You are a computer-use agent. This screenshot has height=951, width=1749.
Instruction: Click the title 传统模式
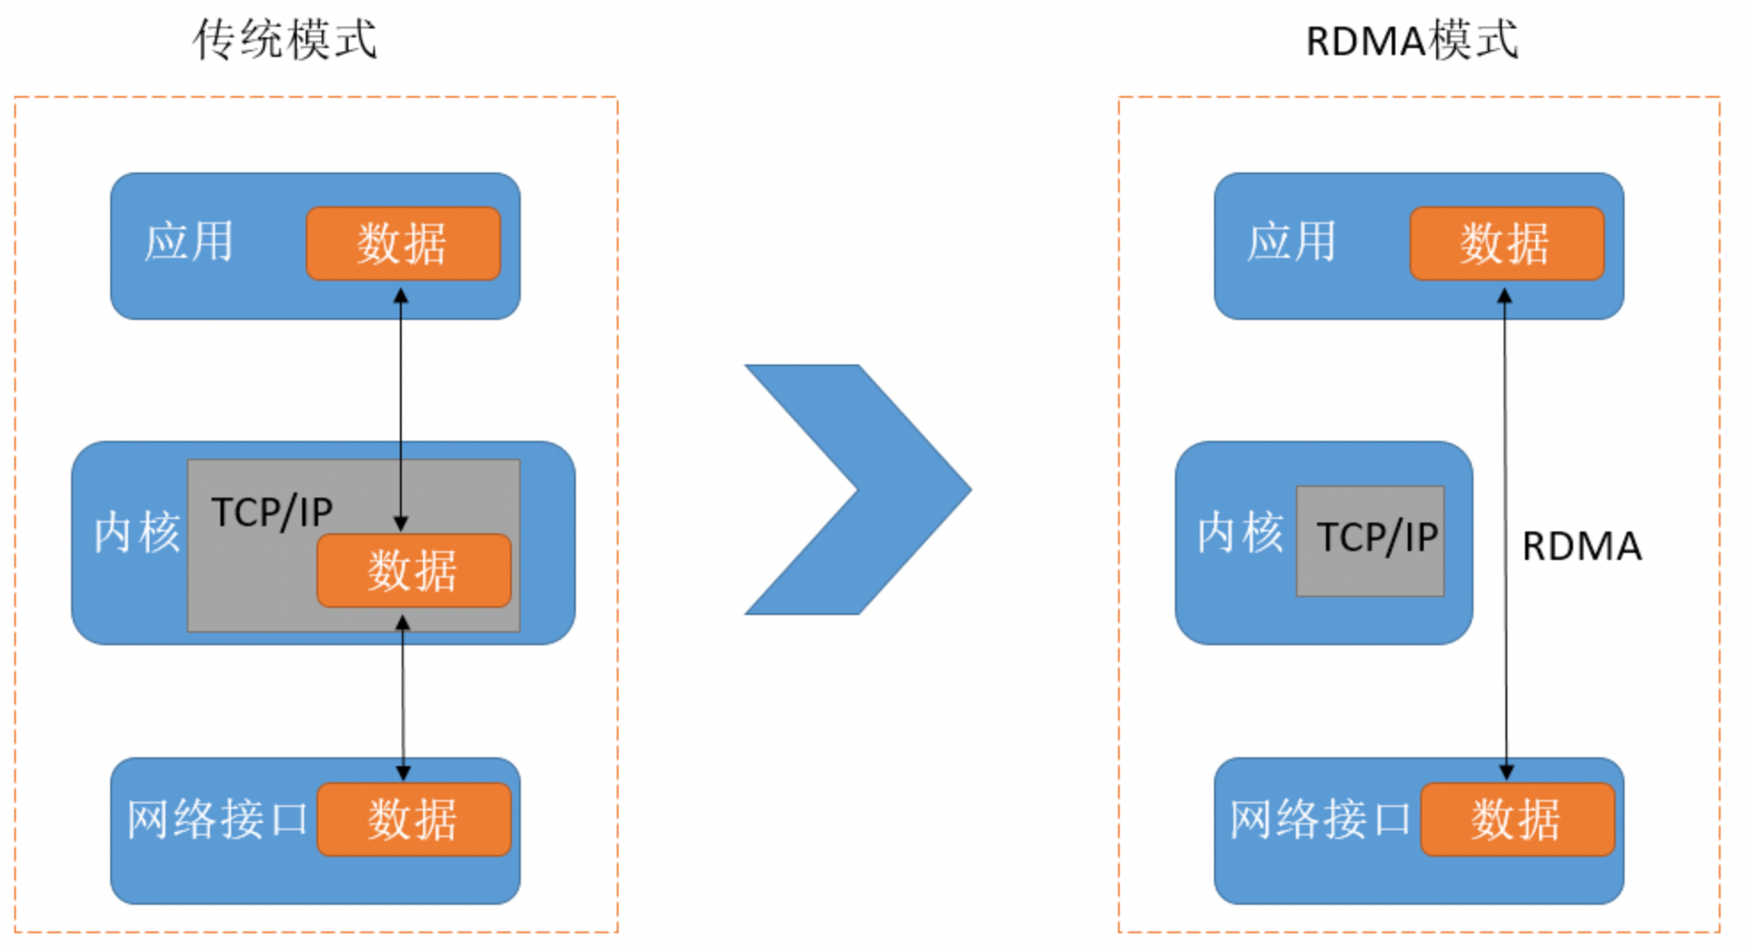click(285, 40)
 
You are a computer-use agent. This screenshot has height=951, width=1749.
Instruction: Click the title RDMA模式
click(1412, 41)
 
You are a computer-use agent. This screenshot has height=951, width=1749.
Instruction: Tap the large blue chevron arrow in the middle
click(858, 489)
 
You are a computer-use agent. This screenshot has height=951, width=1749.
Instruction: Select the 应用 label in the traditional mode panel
click(188, 242)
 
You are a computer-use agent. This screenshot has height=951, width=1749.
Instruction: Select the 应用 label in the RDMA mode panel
click(1291, 242)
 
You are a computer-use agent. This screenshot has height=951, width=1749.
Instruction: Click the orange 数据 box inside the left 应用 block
click(403, 244)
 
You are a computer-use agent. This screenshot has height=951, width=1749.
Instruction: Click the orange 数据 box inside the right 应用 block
click(1507, 244)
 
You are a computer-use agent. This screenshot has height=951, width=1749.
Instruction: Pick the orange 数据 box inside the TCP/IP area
click(414, 571)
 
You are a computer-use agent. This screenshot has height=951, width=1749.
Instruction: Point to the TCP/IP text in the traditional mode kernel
click(272, 512)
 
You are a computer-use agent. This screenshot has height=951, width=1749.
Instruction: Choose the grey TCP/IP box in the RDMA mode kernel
click(1370, 540)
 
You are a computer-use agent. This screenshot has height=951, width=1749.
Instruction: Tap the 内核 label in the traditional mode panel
click(137, 532)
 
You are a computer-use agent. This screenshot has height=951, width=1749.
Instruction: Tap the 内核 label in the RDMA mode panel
click(1241, 532)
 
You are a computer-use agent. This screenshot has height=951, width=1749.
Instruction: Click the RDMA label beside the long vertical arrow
click(1582, 546)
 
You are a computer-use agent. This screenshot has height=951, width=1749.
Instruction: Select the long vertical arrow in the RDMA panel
click(1505, 533)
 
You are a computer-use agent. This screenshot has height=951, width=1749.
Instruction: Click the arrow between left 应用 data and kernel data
click(401, 409)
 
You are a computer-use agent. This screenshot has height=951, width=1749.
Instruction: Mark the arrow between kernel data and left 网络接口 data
click(403, 698)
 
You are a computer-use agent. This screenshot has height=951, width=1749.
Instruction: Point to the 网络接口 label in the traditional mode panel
click(217, 819)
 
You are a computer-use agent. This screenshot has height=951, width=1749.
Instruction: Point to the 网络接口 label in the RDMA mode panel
click(1321, 819)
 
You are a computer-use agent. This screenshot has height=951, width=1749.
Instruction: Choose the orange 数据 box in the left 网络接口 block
click(414, 819)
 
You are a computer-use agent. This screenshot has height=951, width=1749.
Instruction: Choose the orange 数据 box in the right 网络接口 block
click(1518, 819)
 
